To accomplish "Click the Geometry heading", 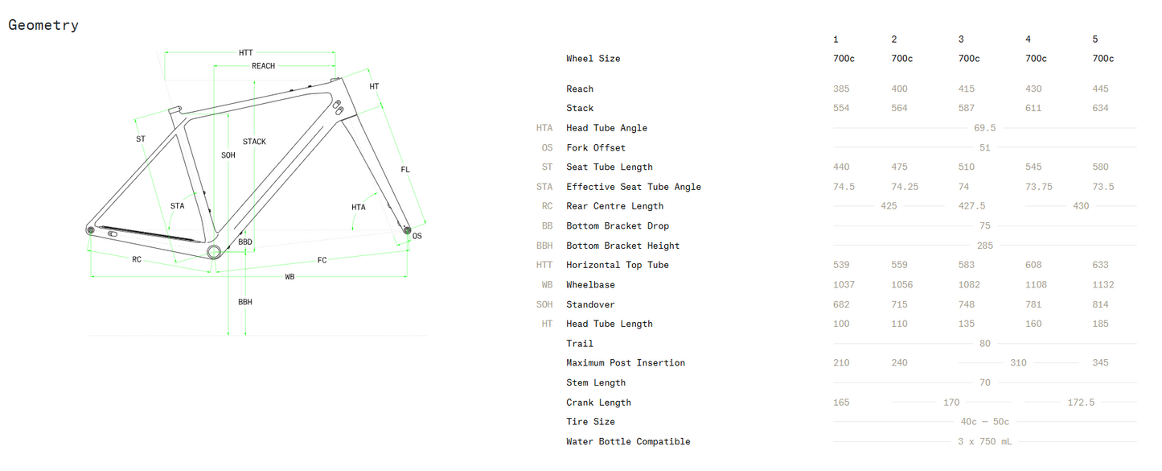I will tap(43, 25).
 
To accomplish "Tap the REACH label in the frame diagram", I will tap(263, 66).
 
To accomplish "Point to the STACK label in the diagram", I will tap(254, 142).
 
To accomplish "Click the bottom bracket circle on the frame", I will tap(214, 252).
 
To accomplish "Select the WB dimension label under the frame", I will tap(289, 277).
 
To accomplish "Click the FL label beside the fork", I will tap(405, 170).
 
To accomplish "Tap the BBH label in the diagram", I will tap(245, 302).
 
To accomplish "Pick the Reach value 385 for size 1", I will tap(841, 89).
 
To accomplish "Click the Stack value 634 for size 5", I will tap(1100, 108).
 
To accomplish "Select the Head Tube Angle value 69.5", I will tap(984, 128).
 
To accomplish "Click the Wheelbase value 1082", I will tap(969, 284).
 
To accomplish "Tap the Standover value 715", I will tap(899, 304).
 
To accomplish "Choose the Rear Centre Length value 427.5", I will tap(971, 206).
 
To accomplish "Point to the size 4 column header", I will tap(1029, 39).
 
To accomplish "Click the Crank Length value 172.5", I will tap(1081, 403).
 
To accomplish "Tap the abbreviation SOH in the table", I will tap(544, 304).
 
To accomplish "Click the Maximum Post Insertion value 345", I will tap(1100, 363).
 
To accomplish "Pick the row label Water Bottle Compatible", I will tap(628, 441).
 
